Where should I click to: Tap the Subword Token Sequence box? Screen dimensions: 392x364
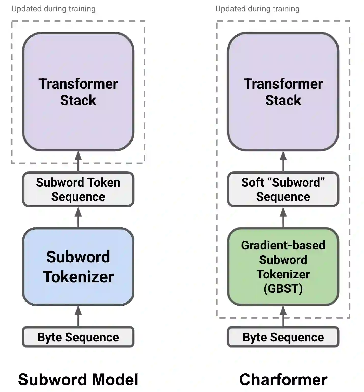pyautogui.click(x=78, y=189)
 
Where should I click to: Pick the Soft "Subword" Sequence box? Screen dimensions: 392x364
pyautogui.click(x=283, y=189)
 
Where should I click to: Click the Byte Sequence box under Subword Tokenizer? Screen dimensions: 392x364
pyautogui.click(x=78, y=337)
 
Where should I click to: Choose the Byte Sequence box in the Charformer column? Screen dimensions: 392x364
pyautogui.click(x=283, y=337)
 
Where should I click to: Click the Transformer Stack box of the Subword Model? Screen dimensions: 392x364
pyautogui.click(x=78, y=92)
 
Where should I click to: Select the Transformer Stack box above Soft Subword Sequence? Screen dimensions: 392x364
pyautogui.click(x=283, y=92)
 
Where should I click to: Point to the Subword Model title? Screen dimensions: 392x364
pyautogui.click(x=78, y=380)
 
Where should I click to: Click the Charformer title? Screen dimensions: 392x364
pyautogui.click(x=283, y=380)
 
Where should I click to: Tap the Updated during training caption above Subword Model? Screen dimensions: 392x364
pyautogui.click(x=54, y=9)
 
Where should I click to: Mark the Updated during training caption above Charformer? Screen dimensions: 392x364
pyautogui.click(x=257, y=9)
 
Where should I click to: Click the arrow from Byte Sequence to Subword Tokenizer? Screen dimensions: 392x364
pyautogui.click(x=78, y=316)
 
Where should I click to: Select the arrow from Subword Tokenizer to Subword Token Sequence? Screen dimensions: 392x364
pyautogui.click(x=78, y=217)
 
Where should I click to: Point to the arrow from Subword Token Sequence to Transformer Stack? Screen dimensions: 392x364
pyautogui.click(x=78, y=161)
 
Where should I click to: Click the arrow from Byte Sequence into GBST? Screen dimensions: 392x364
pyautogui.click(x=283, y=316)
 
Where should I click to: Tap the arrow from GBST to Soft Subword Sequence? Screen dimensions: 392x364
pyautogui.click(x=283, y=217)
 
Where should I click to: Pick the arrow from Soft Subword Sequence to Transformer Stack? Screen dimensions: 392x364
pyautogui.click(x=283, y=161)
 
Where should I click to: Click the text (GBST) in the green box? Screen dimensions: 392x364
pyautogui.click(x=283, y=289)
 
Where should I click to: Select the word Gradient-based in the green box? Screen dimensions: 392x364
pyautogui.click(x=283, y=245)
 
